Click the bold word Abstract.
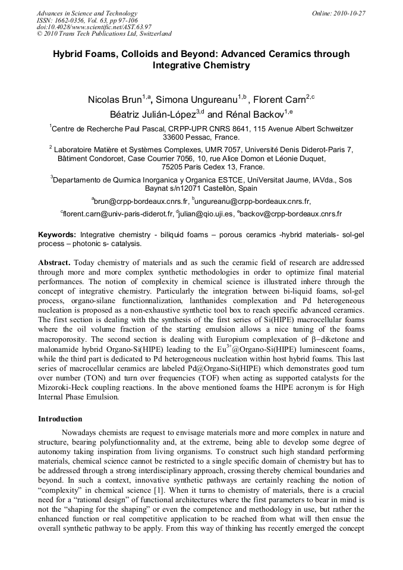(54, 262)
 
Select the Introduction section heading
(60, 418)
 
